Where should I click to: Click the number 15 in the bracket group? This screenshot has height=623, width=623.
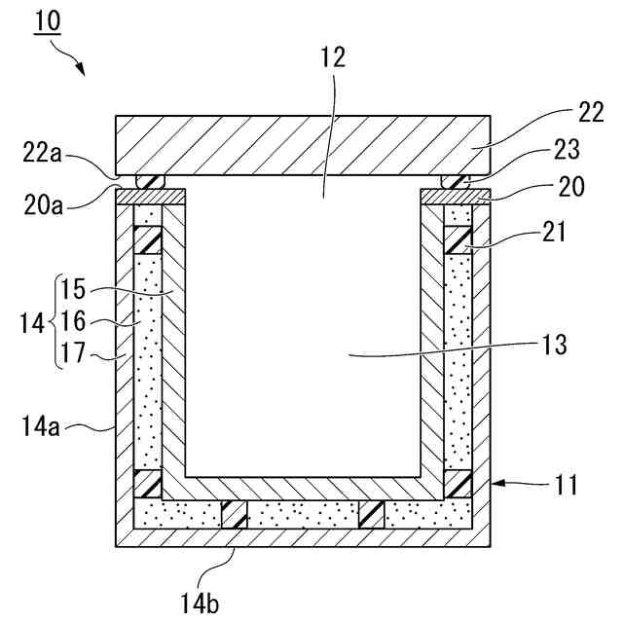pos(74,289)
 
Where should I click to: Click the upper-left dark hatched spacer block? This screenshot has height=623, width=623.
pos(147,239)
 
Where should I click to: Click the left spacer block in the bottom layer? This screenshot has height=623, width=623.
pos(236,514)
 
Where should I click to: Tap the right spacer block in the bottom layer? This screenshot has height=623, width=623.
pos(371,514)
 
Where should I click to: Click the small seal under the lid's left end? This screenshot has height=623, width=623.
pos(151,182)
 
